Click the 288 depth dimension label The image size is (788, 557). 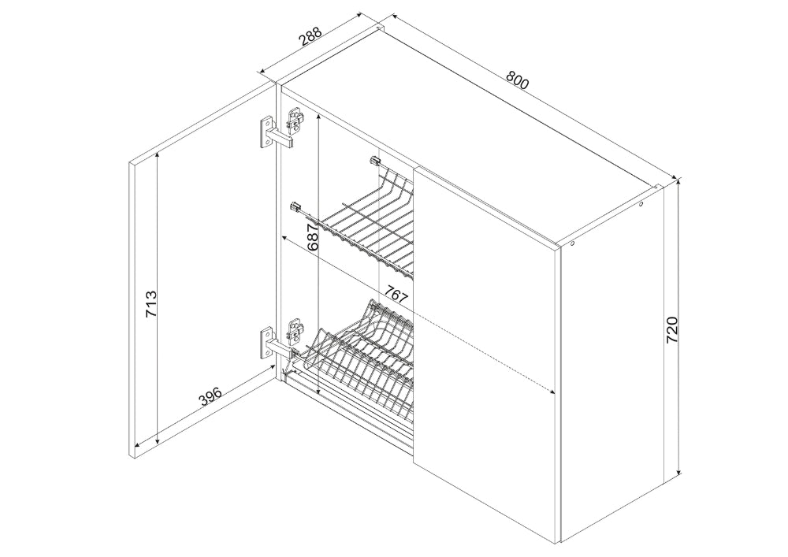[310, 37]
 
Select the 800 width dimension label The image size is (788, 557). [517, 80]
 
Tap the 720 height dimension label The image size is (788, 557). [672, 330]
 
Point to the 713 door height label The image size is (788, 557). [151, 304]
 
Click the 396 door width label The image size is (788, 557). [210, 397]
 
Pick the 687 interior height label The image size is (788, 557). [312, 237]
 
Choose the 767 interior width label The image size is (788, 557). [396, 293]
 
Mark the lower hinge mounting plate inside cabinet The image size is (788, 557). [295, 330]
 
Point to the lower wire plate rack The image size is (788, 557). [360, 361]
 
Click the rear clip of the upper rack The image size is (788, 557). [375, 161]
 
